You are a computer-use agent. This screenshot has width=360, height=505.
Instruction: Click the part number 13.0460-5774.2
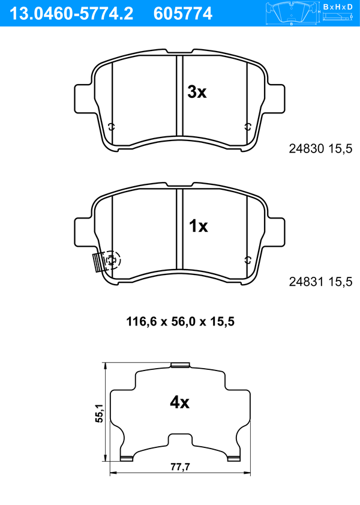[71, 14]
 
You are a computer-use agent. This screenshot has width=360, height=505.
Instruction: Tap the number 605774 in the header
[183, 14]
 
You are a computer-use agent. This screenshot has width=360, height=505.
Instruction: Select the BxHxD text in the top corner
[338, 7]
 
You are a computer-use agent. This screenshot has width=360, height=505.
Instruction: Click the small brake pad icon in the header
[291, 13]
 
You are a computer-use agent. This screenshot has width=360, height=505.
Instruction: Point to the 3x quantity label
[197, 92]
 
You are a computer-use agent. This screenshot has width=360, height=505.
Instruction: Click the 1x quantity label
[198, 226]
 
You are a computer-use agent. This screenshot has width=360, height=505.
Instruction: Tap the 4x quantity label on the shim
[179, 402]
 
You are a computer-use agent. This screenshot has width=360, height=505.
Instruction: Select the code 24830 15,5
[320, 149]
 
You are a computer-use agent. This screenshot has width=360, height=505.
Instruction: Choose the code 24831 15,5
[320, 282]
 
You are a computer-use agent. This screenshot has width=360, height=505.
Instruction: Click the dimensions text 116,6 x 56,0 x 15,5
[180, 321]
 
